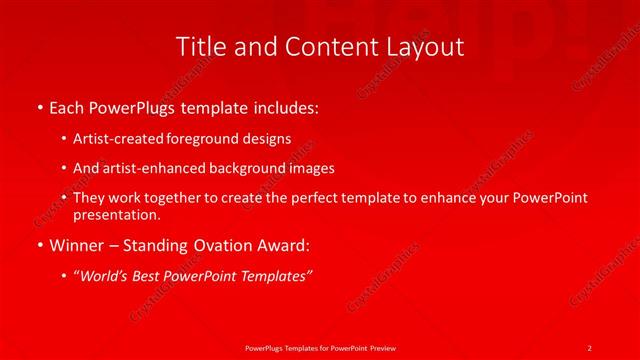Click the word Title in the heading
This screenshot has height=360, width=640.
(x=198, y=47)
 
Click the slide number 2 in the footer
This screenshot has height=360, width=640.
(x=590, y=346)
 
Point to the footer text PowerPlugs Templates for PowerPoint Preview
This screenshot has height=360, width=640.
(x=320, y=346)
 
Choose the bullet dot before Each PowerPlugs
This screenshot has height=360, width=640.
(x=39, y=106)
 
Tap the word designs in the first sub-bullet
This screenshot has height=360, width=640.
(x=263, y=140)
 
